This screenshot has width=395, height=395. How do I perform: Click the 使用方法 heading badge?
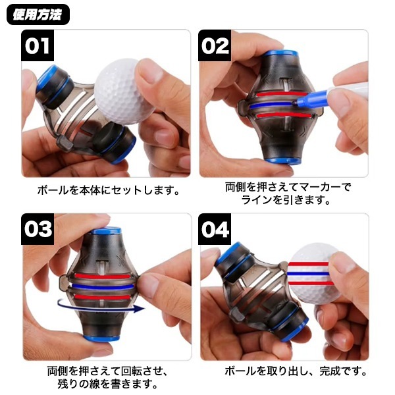click(x=38, y=14)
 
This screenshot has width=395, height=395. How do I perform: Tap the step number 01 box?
click(x=38, y=45)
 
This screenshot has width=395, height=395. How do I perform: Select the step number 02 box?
click(x=215, y=45)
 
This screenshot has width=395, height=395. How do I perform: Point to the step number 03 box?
click(x=38, y=229)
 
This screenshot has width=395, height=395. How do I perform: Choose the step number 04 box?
click(x=215, y=229)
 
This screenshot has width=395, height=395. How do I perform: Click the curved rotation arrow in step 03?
click(x=101, y=305)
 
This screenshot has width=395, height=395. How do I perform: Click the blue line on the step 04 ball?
click(x=309, y=274)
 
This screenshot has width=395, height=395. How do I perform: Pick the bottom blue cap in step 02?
click(x=282, y=161)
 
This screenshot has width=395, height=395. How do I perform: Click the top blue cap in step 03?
click(x=105, y=230)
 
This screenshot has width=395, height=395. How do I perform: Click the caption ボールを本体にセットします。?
click(x=109, y=190)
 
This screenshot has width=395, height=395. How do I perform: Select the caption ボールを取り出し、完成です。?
click(x=296, y=371)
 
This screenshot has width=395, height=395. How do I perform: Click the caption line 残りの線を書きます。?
click(x=107, y=384)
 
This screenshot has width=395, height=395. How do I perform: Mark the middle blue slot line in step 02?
click(x=272, y=105)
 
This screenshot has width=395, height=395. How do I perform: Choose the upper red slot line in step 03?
click(x=103, y=276)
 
